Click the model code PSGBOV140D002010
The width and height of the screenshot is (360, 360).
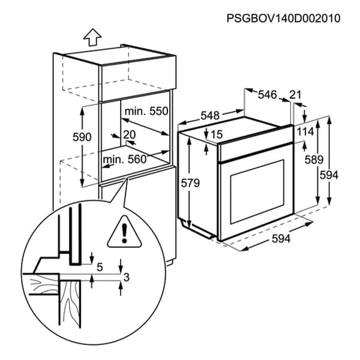283,19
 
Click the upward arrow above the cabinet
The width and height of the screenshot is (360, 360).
92,38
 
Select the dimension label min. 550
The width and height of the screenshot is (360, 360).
146,111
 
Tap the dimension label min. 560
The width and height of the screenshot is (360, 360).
124,159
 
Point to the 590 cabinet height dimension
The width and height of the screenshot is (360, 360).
82,137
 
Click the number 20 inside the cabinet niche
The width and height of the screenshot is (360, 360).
129,134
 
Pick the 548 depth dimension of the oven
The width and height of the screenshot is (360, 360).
210,115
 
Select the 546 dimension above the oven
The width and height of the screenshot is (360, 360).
267,94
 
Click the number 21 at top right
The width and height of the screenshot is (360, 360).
295,94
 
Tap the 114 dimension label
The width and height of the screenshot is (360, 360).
305,132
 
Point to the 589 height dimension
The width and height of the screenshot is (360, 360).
313,160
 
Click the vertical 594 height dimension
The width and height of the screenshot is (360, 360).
329,175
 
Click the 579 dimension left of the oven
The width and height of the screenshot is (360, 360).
190,184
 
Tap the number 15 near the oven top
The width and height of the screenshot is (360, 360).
217,134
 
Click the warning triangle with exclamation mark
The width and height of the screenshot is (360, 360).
122,232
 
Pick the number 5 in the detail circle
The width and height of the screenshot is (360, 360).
99,266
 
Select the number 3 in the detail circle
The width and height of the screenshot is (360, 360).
125,277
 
